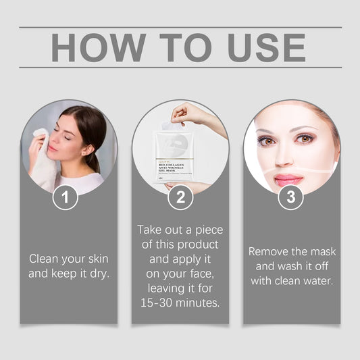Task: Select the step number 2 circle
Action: coord(180,197)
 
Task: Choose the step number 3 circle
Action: coord(291,197)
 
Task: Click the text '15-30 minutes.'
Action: coord(180,303)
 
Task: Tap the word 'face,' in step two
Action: coord(201,274)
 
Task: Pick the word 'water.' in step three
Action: coord(315,280)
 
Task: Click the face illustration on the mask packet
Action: coord(174,146)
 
